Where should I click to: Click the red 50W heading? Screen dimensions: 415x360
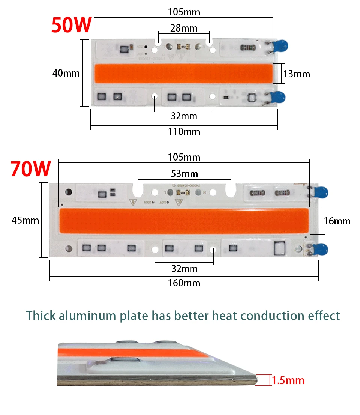click(x=71, y=24)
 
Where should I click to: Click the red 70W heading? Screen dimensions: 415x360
click(x=30, y=169)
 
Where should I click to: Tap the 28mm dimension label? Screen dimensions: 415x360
click(x=184, y=28)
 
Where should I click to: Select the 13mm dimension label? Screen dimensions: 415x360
click(x=297, y=74)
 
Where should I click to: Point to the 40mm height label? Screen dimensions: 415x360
click(x=66, y=73)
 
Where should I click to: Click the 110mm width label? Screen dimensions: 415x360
click(x=184, y=132)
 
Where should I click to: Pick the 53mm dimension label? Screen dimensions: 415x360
click(x=184, y=174)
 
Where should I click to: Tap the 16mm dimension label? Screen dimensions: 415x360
click(x=337, y=221)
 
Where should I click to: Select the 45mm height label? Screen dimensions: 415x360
click(x=25, y=220)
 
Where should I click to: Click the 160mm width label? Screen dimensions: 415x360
click(x=184, y=283)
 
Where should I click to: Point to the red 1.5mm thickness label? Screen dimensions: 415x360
click(x=288, y=380)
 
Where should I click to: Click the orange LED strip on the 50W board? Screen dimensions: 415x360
click(x=183, y=74)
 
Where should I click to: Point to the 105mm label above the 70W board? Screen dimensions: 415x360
click(x=184, y=157)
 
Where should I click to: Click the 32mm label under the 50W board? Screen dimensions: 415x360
click(x=184, y=116)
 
